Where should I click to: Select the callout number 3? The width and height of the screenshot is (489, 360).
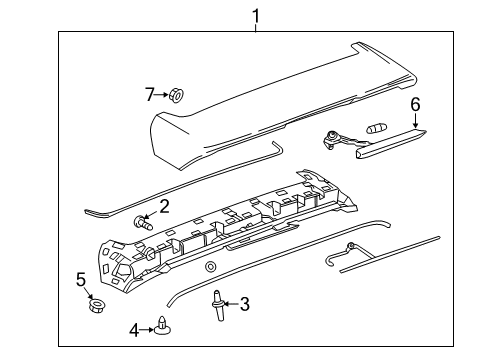tap(243, 304)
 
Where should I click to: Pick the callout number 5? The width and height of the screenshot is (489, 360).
tap(80, 279)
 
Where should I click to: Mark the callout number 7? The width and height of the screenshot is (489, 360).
tap(150, 95)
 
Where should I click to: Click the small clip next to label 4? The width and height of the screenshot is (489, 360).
tap(163, 324)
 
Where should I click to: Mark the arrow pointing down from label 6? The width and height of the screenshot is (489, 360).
tap(416, 120)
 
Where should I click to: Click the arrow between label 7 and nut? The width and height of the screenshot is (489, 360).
tap(162, 95)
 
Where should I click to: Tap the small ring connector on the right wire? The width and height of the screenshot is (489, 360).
tap(350, 247)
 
